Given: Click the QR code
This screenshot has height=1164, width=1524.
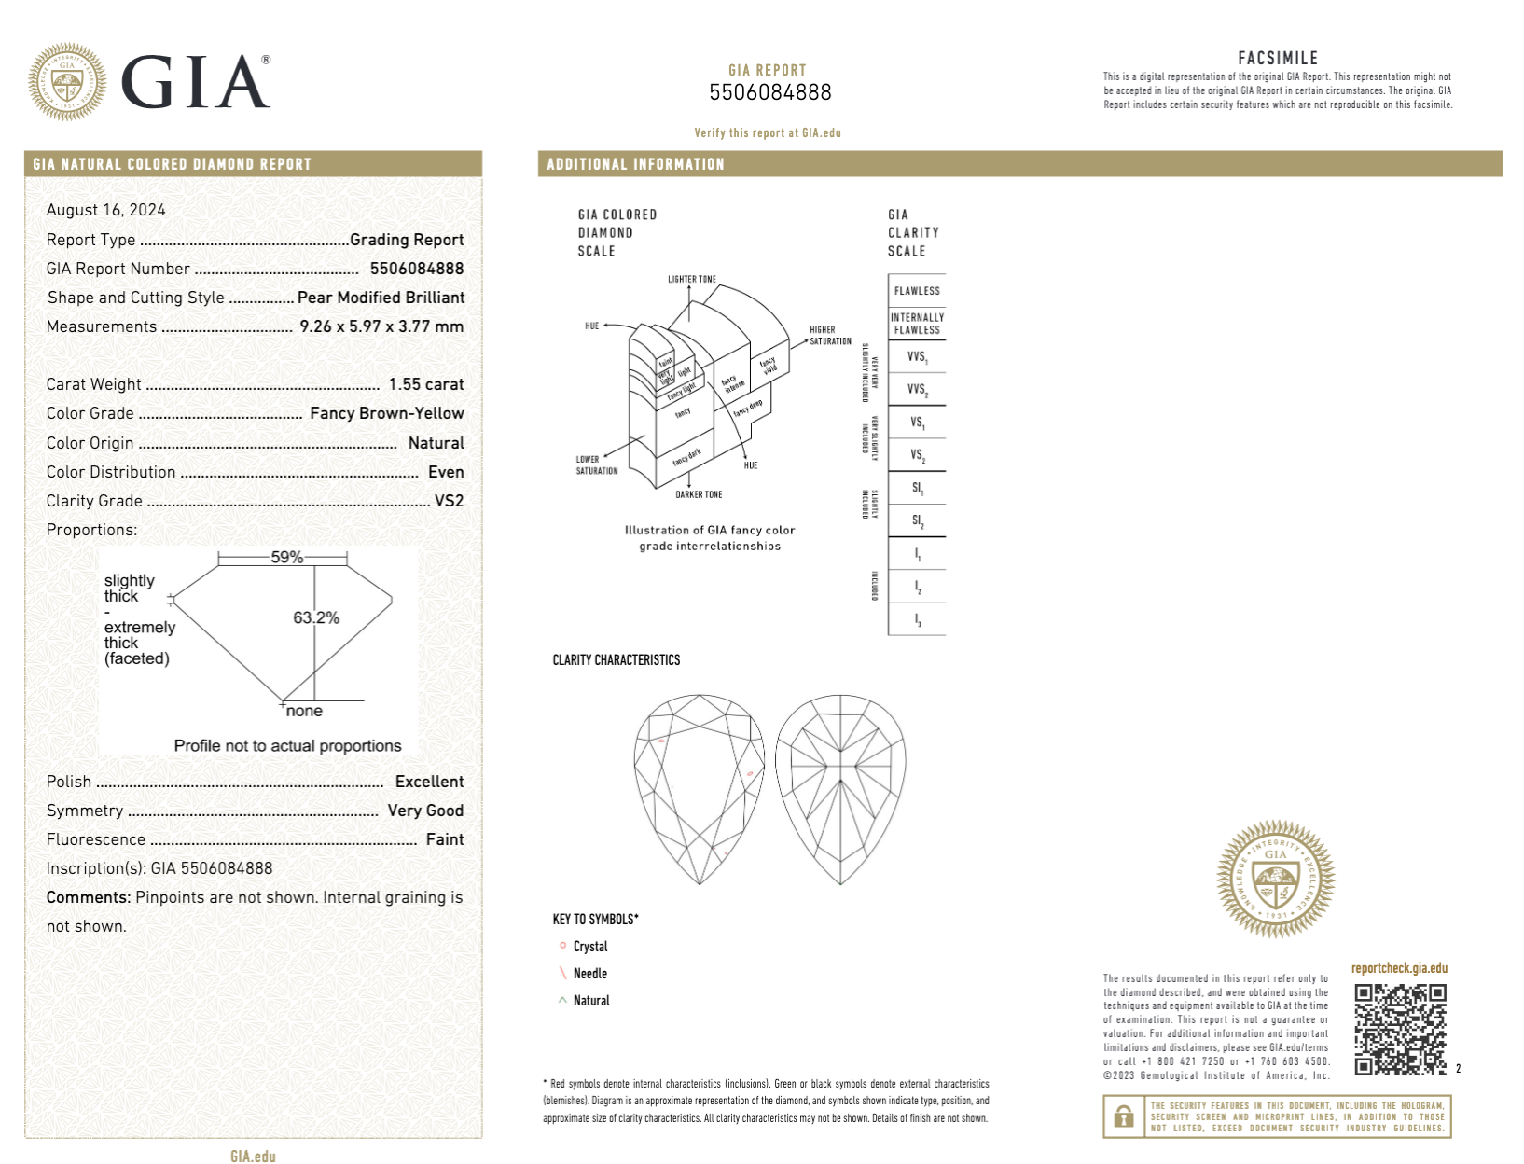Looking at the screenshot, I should coord(1400,1029).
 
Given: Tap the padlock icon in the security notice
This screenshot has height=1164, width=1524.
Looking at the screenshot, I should coord(1124,1115).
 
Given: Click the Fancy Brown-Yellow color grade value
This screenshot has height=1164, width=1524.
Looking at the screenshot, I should coord(387,413).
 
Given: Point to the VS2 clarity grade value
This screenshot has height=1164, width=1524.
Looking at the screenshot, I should coord(449,501).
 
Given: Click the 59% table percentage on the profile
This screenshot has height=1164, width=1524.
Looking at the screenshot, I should coord(286,558).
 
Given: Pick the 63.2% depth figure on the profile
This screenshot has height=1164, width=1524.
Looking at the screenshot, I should coord(316,617).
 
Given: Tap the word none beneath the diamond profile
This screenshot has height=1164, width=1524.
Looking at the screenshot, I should coord(304,711).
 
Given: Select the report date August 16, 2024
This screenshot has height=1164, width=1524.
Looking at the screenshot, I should coord(106,210).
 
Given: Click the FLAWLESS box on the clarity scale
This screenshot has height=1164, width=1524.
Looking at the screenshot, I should coord(917,291).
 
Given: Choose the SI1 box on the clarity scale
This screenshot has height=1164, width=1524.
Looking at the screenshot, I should coord(918,488).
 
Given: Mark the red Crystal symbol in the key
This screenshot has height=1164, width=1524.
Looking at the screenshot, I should coord(562,946).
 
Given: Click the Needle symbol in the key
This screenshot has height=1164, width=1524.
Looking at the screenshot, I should coord(562,973).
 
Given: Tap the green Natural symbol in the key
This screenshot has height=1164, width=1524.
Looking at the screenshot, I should coord(562,1000).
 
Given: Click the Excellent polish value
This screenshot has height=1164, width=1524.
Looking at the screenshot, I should coord(429,782).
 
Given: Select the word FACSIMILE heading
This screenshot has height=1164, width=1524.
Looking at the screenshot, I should coord(1278,58).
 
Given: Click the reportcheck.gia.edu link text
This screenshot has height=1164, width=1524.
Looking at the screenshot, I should coord(1399,968).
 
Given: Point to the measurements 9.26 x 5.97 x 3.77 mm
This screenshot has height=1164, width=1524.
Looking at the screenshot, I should coord(381,326).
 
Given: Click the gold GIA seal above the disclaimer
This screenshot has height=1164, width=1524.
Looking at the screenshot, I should coord(1275,879).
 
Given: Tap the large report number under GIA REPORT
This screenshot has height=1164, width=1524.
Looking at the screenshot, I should coord(769,92).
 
